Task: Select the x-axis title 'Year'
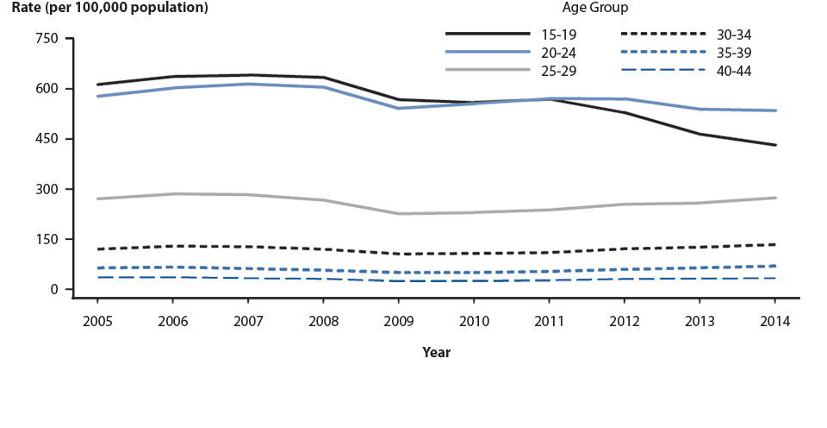(x=436, y=352)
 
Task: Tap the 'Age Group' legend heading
(x=595, y=8)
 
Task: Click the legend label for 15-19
(x=558, y=35)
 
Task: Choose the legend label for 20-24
(x=558, y=51)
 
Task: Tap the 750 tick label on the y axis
(x=47, y=39)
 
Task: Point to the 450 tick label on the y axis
(x=47, y=139)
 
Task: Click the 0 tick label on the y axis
(x=53, y=289)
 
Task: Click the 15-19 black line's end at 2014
(x=775, y=145)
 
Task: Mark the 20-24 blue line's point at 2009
(x=398, y=108)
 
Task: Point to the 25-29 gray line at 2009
(x=398, y=213)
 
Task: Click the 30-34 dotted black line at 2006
(x=173, y=246)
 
